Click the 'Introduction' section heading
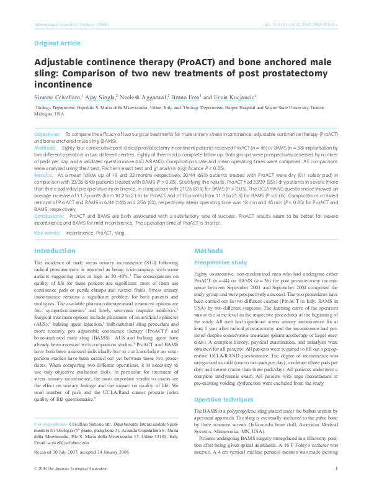click(55, 251)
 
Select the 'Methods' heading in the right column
click(208, 251)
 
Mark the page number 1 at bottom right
click(336, 469)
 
